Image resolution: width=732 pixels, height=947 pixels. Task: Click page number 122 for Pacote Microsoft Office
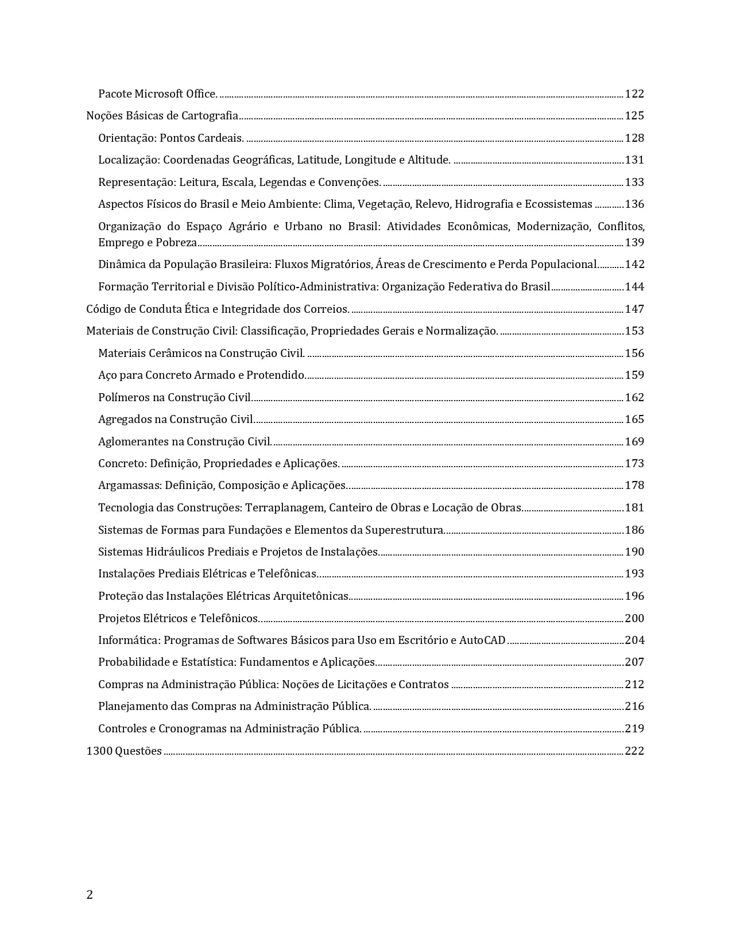pyautogui.click(x=634, y=94)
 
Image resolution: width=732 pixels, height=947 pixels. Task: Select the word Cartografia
pyautogui.click(x=210, y=116)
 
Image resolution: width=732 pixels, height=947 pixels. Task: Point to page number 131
pyautogui.click(x=634, y=160)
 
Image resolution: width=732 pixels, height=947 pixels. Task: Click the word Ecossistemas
pyautogui.click(x=559, y=204)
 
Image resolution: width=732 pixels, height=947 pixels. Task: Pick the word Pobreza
pyautogui.click(x=176, y=243)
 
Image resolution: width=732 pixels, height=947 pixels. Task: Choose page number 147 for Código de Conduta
pyautogui.click(x=634, y=309)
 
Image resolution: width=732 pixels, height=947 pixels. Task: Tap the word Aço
pyautogui.click(x=107, y=375)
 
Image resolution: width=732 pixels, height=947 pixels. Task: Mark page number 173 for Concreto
pyautogui.click(x=634, y=464)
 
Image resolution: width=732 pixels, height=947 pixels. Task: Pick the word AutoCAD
pyautogui.click(x=482, y=641)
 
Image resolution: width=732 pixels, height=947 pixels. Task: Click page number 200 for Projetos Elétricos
pyautogui.click(x=634, y=619)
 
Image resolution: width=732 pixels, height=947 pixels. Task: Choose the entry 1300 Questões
pyautogui.click(x=124, y=751)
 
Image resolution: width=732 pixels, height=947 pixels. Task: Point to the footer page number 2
pyautogui.click(x=90, y=895)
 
